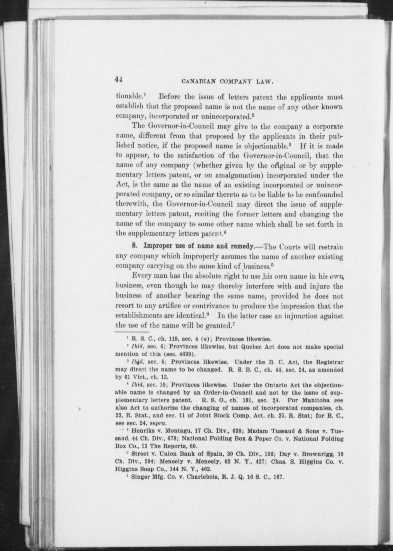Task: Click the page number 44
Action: coord(119,79)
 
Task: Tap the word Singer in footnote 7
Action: coord(140,477)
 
